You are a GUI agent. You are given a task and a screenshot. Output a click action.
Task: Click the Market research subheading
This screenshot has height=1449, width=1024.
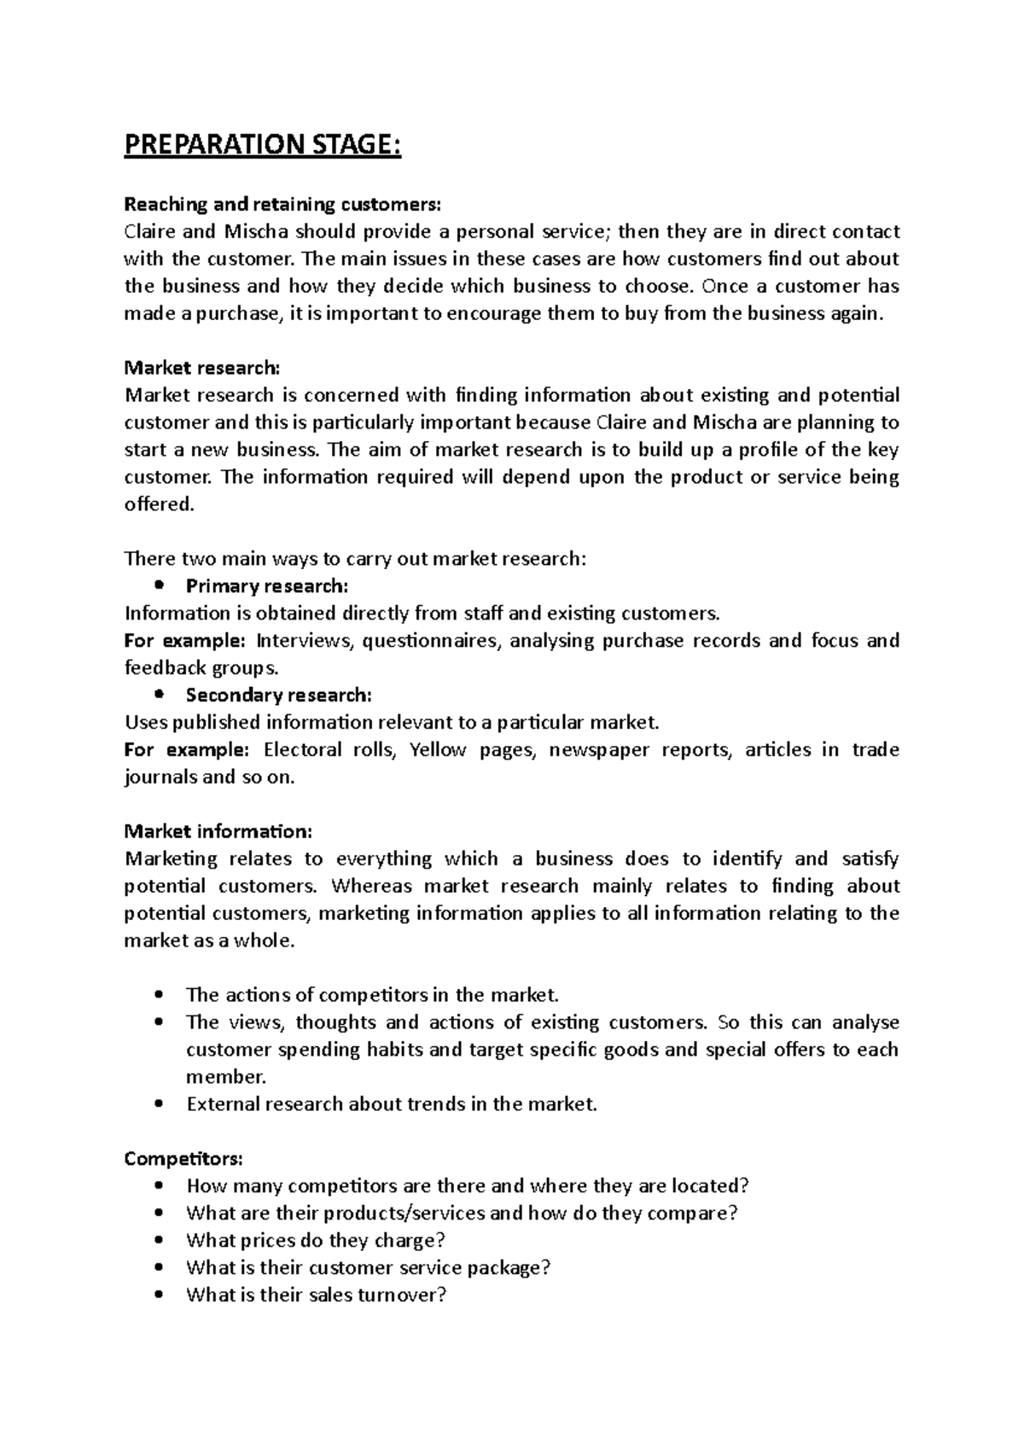(x=201, y=368)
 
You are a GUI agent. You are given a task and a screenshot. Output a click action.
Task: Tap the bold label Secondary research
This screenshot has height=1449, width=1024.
(x=279, y=695)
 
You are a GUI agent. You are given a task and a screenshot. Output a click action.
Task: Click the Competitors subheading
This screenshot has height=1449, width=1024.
(x=183, y=1159)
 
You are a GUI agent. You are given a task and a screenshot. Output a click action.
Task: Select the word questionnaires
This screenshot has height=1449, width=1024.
(x=429, y=641)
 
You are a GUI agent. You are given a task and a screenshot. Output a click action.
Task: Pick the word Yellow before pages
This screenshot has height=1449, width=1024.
(x=438, y=750)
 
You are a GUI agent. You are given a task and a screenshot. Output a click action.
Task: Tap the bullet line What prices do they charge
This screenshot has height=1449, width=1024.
(x=316, y=1241)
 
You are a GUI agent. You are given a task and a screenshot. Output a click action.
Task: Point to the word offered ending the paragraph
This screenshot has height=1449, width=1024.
(x=159, y=504)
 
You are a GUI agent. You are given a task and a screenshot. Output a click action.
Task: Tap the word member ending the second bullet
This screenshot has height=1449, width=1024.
(x=225, y=1077)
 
